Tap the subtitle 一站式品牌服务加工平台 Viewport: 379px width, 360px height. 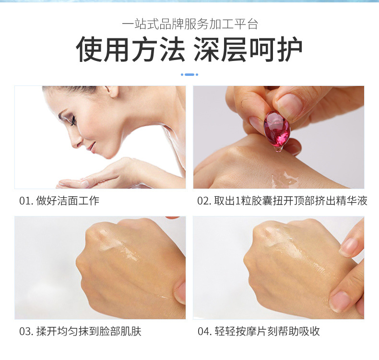point(190,24)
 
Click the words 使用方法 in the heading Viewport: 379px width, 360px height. point(130,49)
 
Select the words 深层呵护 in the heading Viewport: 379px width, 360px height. point(248,49)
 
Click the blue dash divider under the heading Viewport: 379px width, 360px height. point(189,75)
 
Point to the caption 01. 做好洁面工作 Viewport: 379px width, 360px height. point(59,201)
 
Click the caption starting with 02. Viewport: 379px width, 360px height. point(282,201)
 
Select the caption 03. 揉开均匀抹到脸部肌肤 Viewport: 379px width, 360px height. point(80,331)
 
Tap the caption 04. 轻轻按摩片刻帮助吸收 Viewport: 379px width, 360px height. point(259,331)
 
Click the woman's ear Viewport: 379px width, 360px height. point(113,91)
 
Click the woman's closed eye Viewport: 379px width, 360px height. point(72,120)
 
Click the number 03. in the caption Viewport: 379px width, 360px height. point(26,332)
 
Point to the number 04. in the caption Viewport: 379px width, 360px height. point(205,332)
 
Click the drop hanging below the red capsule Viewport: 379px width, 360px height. point(278,149)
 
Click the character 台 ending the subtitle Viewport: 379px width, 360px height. point(253,24)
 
